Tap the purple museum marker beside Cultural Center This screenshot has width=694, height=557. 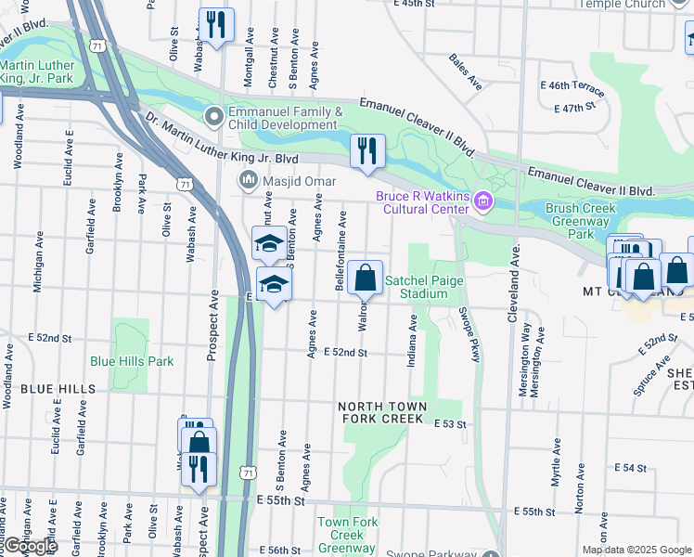482,201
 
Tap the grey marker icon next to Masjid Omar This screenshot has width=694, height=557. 249,179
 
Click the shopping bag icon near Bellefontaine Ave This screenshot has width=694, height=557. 366,277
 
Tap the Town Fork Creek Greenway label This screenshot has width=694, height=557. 348,535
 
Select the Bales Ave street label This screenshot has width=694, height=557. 466,71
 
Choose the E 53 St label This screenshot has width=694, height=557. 451,422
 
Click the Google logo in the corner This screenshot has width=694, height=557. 30,547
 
